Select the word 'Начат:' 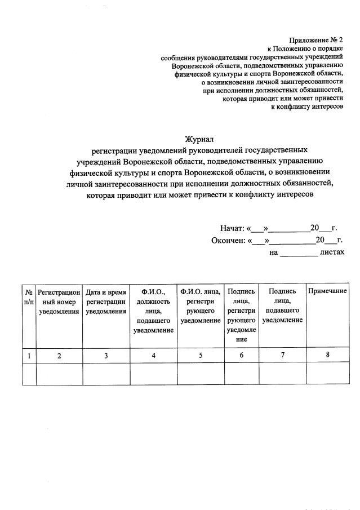233,229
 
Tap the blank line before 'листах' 299,253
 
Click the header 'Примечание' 327,291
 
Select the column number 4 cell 153,355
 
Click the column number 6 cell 241,355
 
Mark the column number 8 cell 327,355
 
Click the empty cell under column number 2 59,374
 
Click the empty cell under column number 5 200,374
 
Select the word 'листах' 331,252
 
